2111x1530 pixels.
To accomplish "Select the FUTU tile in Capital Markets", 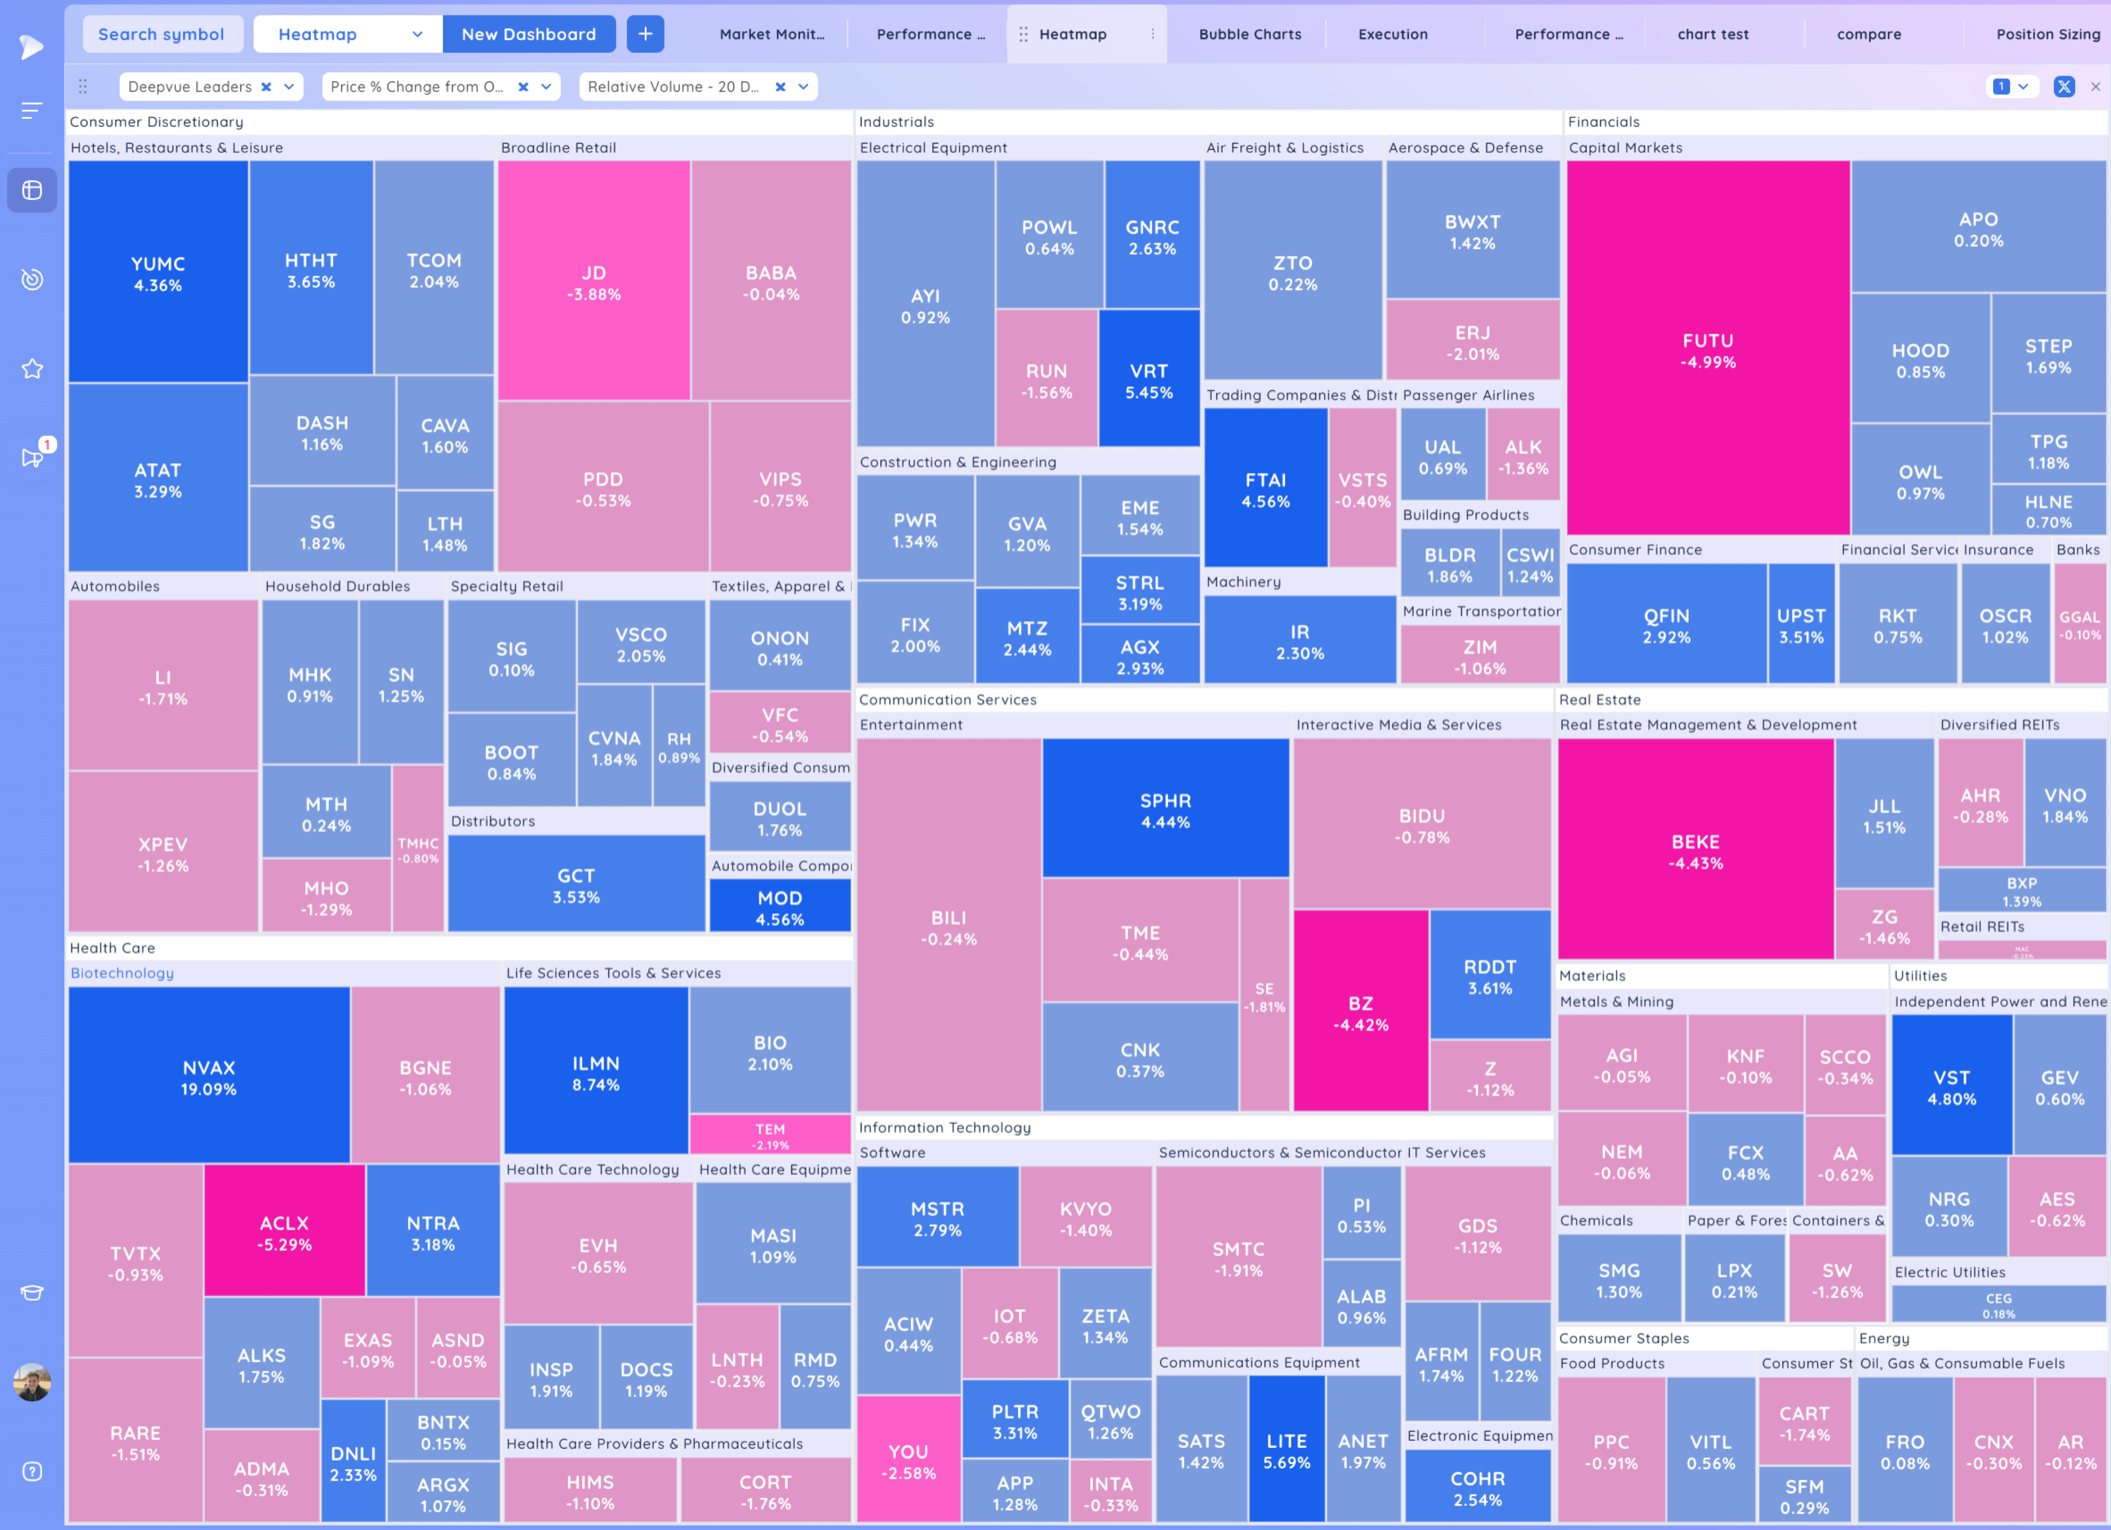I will coord(1707,350).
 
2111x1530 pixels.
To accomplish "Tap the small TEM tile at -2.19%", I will coord(770,1134).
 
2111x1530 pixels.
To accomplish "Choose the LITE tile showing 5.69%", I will coord(1286,1450).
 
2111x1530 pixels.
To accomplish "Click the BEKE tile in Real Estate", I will coord(1695,850).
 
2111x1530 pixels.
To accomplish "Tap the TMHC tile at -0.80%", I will coord(418,849).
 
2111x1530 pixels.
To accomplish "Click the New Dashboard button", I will coord(529,34).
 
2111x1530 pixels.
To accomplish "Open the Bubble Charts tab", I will coord(1249,34).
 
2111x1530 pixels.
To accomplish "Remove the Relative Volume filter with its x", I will coord(780,87).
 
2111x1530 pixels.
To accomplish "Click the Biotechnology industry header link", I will coord(122,972).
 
